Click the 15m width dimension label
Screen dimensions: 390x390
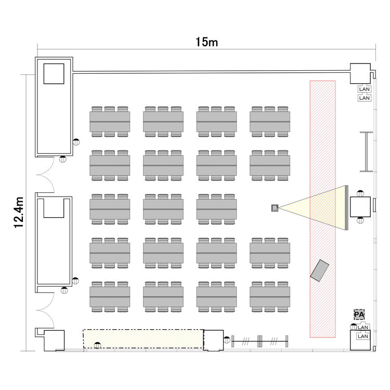tap(206, 42)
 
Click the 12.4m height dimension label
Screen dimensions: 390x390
tap(19, 212)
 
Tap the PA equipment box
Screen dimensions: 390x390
tap(359, 315)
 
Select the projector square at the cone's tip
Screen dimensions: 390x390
tap(275, 208)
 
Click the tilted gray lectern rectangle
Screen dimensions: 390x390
tap(320, 270)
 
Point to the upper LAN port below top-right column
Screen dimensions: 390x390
tap(364, 89)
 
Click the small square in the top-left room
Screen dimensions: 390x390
tap(54, 74)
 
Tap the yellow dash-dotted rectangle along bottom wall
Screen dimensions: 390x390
tap(144, 339)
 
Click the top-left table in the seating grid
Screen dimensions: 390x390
tap(110, 122)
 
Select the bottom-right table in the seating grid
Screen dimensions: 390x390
tap(270, 297)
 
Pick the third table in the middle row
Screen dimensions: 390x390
tap(216, 209)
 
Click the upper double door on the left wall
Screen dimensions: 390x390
tap(46, 175)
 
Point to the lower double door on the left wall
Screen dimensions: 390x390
tap(46, 310)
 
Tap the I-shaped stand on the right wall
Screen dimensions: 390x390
tap(367, 152)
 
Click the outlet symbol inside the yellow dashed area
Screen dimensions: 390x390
tap(97, 345)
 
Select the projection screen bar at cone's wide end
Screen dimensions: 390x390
tap(346, 207)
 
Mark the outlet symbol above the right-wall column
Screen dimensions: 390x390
tap(360, 193)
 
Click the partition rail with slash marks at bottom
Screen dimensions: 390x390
tap(260, 341)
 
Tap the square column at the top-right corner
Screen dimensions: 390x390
tap(360, 73)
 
